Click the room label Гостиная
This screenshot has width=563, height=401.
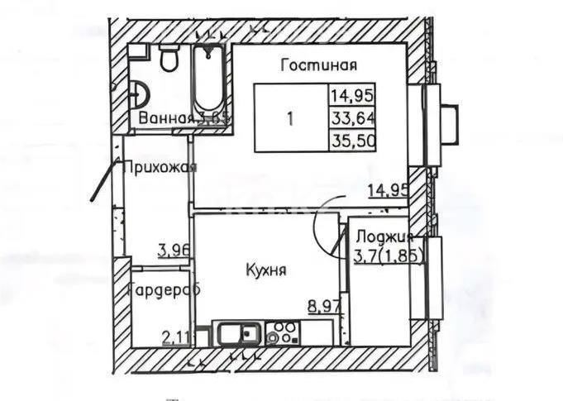pos(317,65)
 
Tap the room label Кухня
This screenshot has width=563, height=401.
pos(265,270)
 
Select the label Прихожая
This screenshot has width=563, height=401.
pos(160,169)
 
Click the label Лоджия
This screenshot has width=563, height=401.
pos(386,236)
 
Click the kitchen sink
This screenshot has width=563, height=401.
pos(241,334)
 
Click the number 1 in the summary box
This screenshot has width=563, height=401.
pos(289,117)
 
